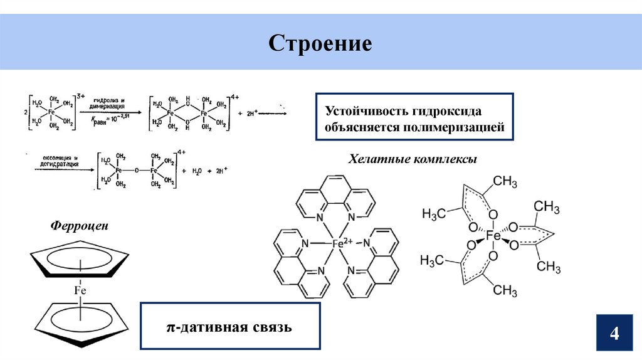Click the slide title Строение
tap(320, 43)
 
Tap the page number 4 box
tap(614, 332)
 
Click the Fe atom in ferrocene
tap(80, 290)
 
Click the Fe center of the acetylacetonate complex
tap(493, 236)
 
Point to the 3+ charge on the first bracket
tap(80, 96)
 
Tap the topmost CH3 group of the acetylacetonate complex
tap(505, 182)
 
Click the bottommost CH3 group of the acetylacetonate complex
tap(505, 290)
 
